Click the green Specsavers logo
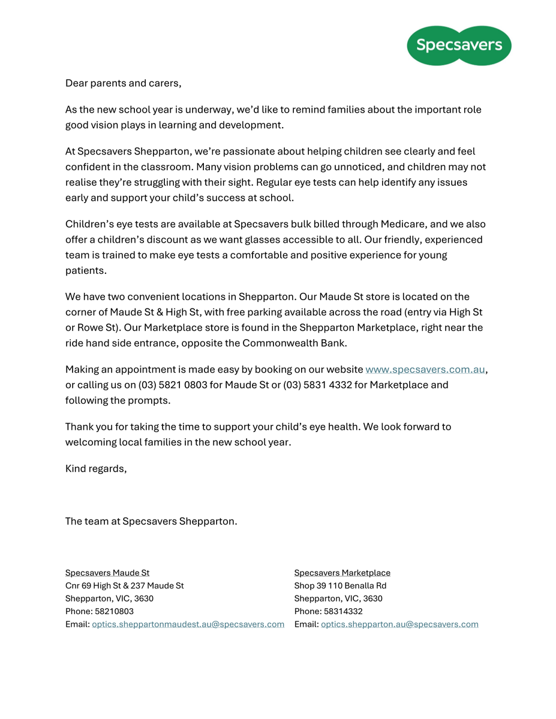459,45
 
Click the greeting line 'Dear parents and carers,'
123,83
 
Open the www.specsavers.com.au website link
425,370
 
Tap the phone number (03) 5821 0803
173,385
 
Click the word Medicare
403,224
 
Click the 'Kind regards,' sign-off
96,469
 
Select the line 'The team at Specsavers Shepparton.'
151,521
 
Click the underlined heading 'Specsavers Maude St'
107,573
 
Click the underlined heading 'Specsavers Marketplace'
342,573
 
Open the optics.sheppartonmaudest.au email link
188,624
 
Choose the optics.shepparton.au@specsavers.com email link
399,624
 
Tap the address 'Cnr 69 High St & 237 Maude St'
125,586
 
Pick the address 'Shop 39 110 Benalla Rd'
340,586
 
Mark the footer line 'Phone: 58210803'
100,612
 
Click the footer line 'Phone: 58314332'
328,612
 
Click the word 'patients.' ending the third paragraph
86,271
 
